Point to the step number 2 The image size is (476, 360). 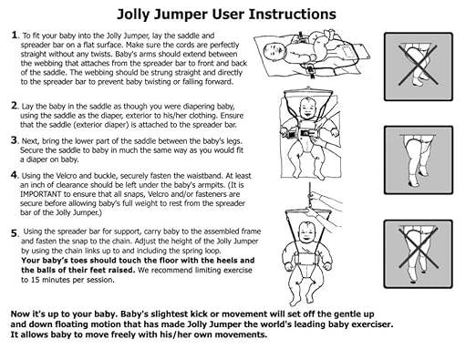[14, 106]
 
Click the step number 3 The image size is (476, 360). [14, 140]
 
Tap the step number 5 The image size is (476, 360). [14, 233]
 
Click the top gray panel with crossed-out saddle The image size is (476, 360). [416, 66]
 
